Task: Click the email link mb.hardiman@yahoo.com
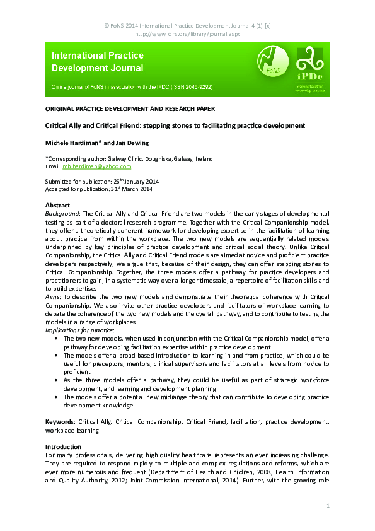96,166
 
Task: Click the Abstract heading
58,206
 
